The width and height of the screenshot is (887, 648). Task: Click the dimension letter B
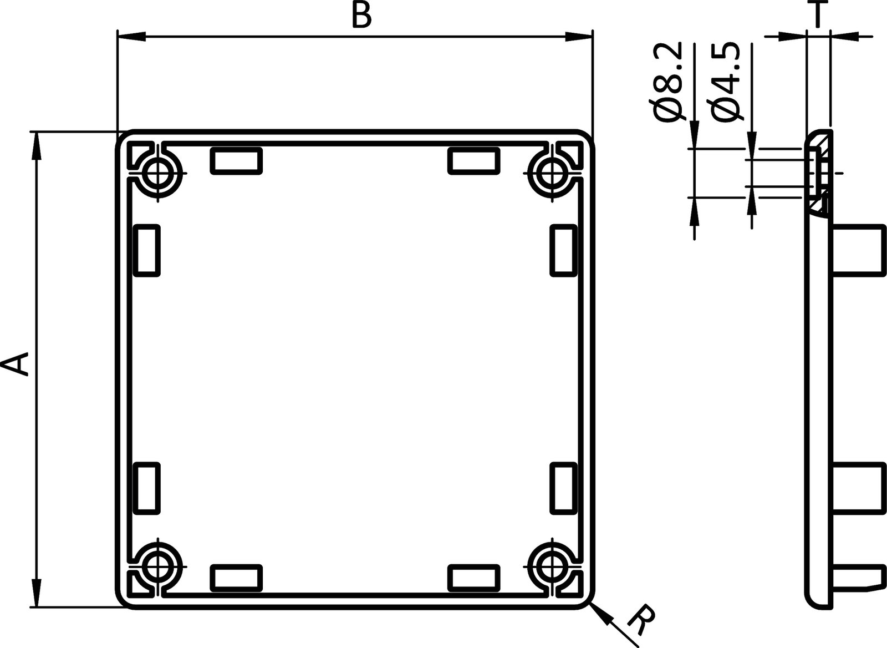point(361,17)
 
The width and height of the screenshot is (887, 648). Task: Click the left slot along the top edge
point(236,161)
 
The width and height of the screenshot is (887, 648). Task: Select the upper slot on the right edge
point(563,250)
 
